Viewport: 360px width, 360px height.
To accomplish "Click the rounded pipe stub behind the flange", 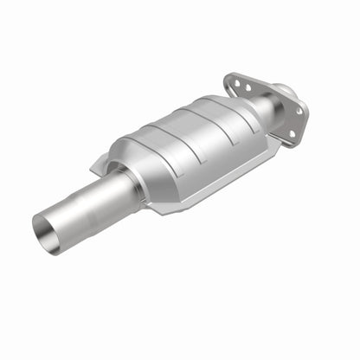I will point(285,90).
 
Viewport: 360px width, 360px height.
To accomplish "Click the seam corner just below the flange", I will point(275,145).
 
